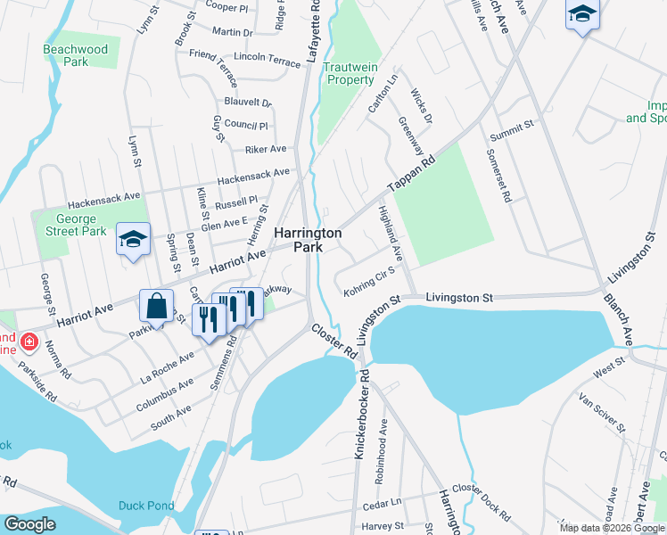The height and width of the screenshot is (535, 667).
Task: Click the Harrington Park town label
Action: (x=307, y=240)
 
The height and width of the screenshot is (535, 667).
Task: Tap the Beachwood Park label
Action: (x=76, y=55)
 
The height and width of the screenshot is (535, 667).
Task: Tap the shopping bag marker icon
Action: (x=157, y=306)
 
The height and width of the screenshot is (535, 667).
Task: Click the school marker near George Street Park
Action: (x=133, y=239)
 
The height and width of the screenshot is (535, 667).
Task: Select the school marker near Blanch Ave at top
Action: (x=582, y=14)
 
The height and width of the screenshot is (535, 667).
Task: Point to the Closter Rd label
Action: (x=334, y=342)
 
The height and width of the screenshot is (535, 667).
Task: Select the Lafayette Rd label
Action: (x=314, y=31)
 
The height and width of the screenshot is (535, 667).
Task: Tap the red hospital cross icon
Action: (x=28, y=342)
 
